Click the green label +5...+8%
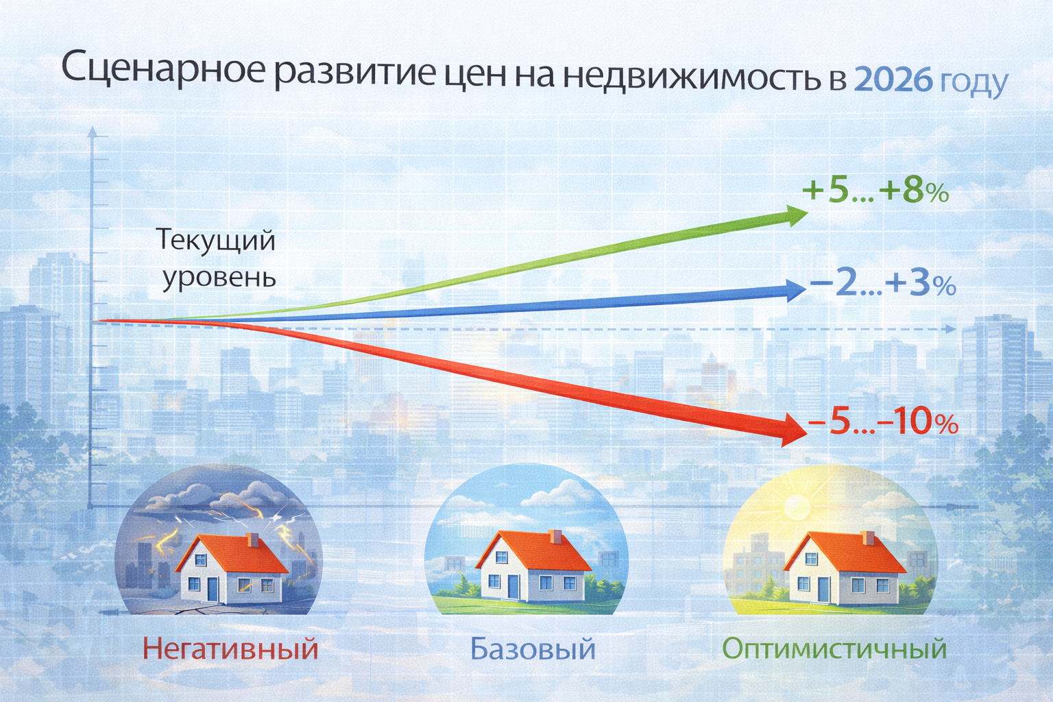tap(875, 191)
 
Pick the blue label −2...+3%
tap(882, 284)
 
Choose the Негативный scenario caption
tap(231, 648)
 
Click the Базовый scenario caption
tap(533, 649)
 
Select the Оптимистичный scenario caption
tap(834, 648)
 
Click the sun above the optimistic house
tap(797, 506)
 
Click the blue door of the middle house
tap(513, 585)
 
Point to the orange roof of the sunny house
tap(845, 552)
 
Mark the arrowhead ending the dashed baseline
tap(952, 329)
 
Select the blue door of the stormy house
tap(213, 589)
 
